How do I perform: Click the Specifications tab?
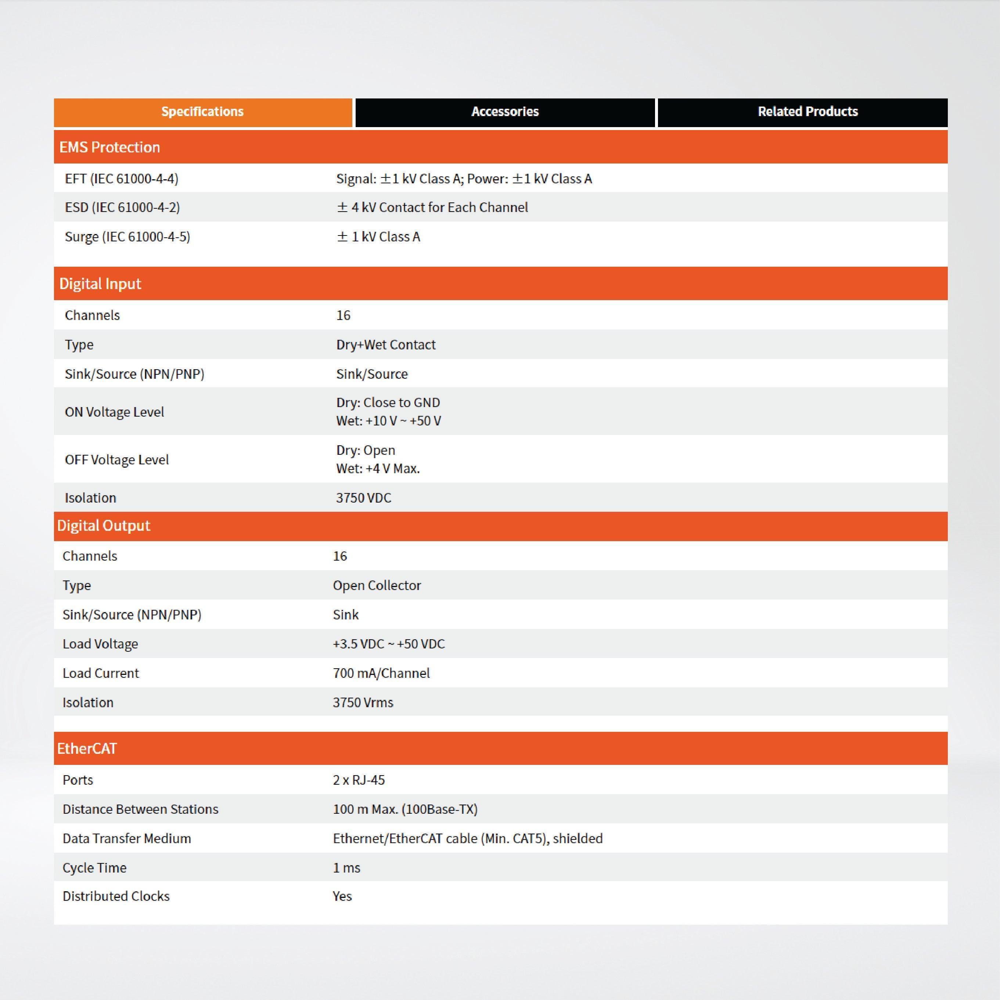pos(202,112)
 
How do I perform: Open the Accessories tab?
pos(505,112)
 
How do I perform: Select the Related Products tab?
pos(807,112)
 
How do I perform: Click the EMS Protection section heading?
pos(110,148)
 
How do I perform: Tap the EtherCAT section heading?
pos(87,748)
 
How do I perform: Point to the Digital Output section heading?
pos(104,526)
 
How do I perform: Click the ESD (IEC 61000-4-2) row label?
pos(122,208)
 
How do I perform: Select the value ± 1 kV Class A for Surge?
pos(378,237)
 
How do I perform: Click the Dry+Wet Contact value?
pos(386,345)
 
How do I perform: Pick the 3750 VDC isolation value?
pos(363,498)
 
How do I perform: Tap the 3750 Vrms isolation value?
pos(363,702)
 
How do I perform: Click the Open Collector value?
pos(377,585)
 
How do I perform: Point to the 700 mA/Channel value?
pos(381,673)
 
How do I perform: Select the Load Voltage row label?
pos(100,644)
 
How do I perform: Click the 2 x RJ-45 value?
pos(359,780)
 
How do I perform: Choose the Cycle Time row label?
pos(94,868)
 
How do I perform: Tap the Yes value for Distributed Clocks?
pos(342,896)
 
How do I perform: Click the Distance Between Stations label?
pos(140,810)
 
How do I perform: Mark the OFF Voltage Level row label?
pos(116,460)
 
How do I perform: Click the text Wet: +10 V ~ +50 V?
pos(389,421)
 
